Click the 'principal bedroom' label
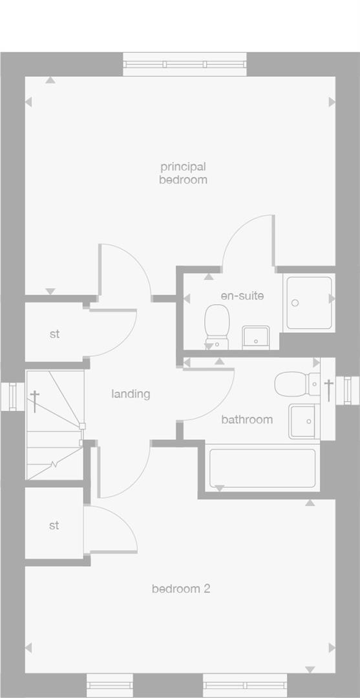point(183,173)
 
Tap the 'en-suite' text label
point(242,296)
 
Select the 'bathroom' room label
point(247,419)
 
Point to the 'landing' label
point(131,394)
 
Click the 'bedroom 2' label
point(181,589)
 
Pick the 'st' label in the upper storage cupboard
point(54,334)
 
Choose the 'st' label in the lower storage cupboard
point(54,525)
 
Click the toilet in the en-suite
point(217,326)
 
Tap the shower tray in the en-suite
point(310,302)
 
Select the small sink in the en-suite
point(255,337)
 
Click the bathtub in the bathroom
point(262,468)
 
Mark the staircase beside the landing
point(54,425)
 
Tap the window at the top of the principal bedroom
point(185,64)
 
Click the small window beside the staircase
point(12,397)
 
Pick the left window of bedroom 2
point(109,685)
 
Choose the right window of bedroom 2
point(245,685)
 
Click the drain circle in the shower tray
point(295,302)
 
